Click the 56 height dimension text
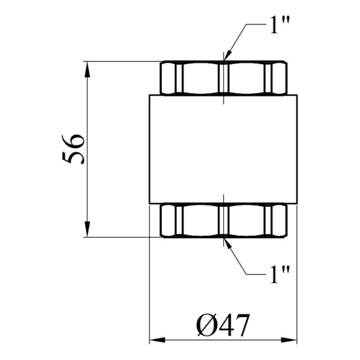(73, 149)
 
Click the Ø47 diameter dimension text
(223, 325)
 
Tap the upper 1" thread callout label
(280, 25)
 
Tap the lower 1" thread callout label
(280, 274)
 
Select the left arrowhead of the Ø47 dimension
(157, 340)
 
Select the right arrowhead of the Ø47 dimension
(289, 340)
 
